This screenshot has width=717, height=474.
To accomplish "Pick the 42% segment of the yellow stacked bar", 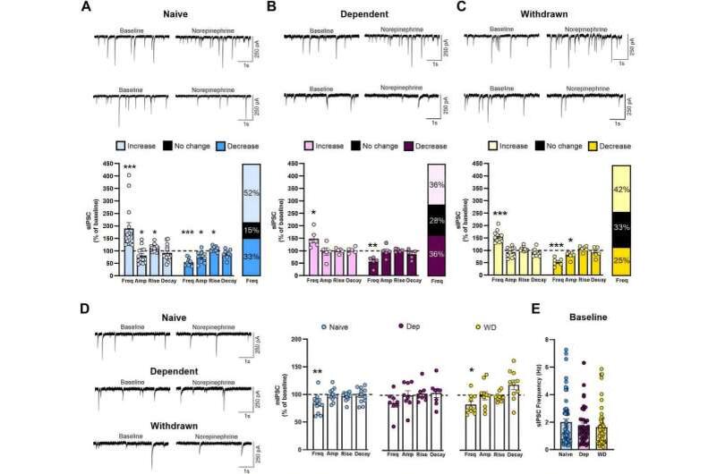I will click(621, 189).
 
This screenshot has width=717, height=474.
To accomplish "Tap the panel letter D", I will click(85, 311).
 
